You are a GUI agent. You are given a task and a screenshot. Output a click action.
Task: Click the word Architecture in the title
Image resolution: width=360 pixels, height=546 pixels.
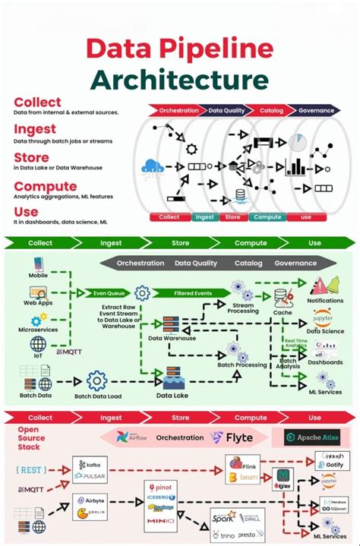pos(179,80)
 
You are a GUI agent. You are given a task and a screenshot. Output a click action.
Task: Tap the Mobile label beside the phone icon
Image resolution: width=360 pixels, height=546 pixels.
pos(38,275)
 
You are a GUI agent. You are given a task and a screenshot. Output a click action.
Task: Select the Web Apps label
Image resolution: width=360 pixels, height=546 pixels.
pos(38,301)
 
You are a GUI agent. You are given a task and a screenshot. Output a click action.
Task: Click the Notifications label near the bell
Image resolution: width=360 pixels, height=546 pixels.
pos(325,301)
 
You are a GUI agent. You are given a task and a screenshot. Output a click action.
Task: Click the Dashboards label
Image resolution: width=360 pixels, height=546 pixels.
pos(325,361)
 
